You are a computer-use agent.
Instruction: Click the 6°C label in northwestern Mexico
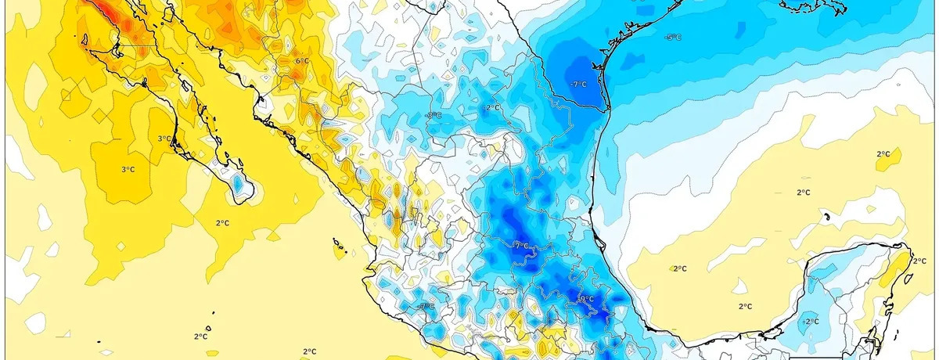[x=300, y=60]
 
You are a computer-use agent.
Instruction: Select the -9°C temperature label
[x=585, y=299]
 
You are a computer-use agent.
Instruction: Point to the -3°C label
[x=433, y=115]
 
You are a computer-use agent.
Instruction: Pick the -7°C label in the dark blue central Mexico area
[x=520, y=245]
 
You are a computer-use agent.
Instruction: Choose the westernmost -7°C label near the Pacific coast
[x=426, y=306]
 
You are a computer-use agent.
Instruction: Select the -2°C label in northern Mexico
[x=491, y=107]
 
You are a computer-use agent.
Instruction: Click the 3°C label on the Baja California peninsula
[x=164, y=139]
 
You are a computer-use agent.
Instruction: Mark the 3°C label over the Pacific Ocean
[x=128, y=170]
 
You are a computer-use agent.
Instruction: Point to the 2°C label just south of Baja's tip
[x=222, y=223]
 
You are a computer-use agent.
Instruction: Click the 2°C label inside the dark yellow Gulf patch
[x=883, y=154]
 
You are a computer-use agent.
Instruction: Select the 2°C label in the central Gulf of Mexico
[x=803, y=192]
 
